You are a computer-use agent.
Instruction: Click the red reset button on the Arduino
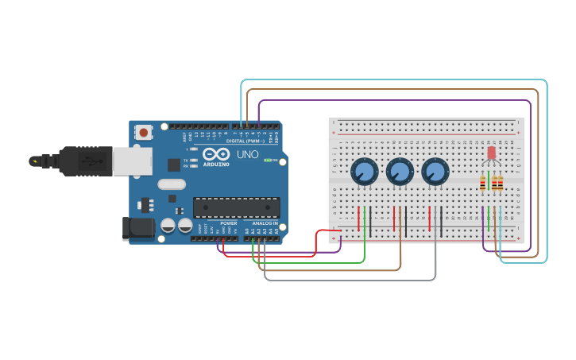(143, 133)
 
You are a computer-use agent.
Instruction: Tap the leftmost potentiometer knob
(364, 171)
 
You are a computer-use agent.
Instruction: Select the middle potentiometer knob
(400, 171)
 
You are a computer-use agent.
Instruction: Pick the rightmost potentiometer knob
(435, 171)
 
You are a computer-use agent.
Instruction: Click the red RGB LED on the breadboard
(491, 152)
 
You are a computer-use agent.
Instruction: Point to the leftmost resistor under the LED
(483, 184)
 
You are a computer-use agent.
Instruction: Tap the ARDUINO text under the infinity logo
(215, 165)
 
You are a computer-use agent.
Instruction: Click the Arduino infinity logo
(215, 154)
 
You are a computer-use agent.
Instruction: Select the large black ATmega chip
(236, 207)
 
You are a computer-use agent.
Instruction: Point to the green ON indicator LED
(268, 160)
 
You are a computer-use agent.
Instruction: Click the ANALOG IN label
(265, 223)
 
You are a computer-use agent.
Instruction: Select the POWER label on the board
(229, 223)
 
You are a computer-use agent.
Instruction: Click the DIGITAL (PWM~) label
(246, 141)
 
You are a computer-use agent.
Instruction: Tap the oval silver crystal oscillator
(172, 184)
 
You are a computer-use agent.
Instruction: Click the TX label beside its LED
(185, 161)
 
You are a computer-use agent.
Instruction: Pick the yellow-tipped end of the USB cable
(34, 161)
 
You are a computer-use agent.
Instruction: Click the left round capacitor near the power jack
(168, 226)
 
